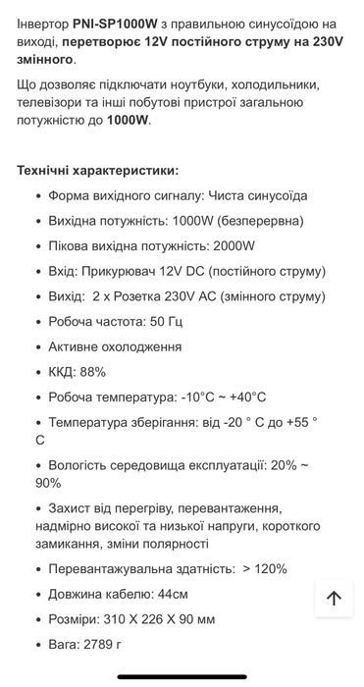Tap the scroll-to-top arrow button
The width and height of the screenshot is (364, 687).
pos(333,598)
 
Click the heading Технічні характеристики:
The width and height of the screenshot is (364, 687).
pos(98,170)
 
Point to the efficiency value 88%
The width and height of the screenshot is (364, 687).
pos(91,372)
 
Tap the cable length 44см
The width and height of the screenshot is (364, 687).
pos(172,594)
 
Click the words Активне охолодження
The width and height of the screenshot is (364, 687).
pos(115,346)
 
